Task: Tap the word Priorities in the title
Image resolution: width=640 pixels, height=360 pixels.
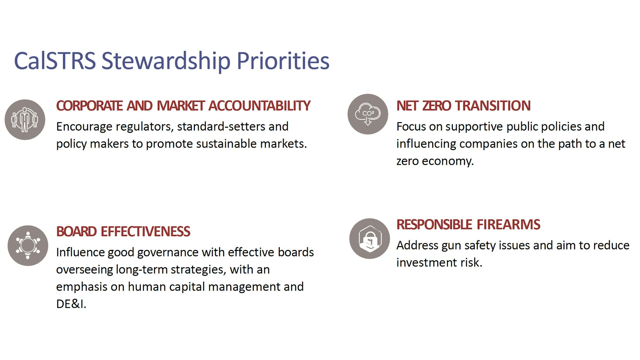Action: pyautogui.click(x=283, y=61)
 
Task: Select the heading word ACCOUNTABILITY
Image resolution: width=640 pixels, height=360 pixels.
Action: pyautogui.click(x=259, y=106)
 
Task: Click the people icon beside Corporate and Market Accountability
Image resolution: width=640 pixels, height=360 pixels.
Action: pyautogui.click(x=25, y=119)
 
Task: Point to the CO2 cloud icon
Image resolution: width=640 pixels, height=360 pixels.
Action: pyautogui.click(x=368, y=114)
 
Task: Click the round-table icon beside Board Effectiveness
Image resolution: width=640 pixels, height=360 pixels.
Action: pyautogui.click(x=28, y=245)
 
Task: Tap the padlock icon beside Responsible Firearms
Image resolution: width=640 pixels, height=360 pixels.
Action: pyautogui.click(x=370, y=238)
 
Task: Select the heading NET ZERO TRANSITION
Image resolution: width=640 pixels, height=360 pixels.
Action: pyautogui.click(x=463, y=106)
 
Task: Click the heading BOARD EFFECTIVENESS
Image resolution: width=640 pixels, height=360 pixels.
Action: pyautogui.click(x=123, y=232)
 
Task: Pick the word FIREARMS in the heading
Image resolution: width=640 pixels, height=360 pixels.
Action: pyautogui.click(x=508, y=225)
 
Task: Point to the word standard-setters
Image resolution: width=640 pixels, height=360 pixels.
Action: pyautogui.click(x=221, y=127)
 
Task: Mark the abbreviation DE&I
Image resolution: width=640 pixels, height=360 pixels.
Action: pyautogui.click(x=71, y=304)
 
